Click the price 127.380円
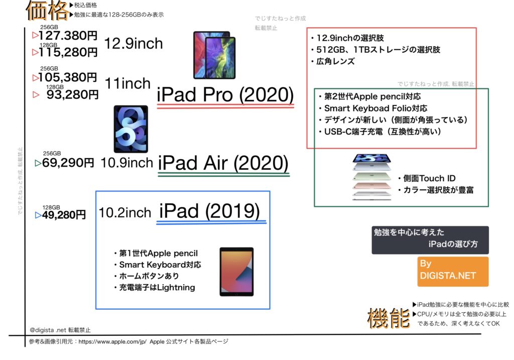(68, 36)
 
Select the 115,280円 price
(68, 52)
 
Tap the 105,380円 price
(68, 77)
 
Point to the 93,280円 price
(72, 95)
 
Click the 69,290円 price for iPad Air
(68, 163)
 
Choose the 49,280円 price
(64, 215)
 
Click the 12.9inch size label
(134, 44)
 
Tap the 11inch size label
(127, 84)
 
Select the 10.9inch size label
(127, 163)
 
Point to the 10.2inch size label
(125, 212)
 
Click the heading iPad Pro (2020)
(225, 95)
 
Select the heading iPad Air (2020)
(223, 163)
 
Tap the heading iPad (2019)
(209, 211)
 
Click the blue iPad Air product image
(131, 129)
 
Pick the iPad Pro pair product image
(214, 55)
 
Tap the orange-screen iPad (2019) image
(236, 272)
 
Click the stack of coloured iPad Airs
(372, 177)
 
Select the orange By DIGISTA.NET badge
(453, 272)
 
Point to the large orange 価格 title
(47, 11)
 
